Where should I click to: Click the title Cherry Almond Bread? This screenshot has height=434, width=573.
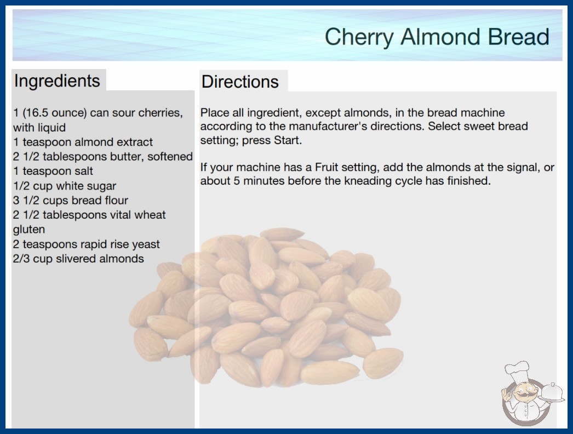pos(437,37)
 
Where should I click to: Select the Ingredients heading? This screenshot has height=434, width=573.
pos(57,81)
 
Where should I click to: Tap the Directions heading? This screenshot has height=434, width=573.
pos(240,82)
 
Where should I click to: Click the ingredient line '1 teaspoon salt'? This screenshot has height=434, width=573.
pos(53,171)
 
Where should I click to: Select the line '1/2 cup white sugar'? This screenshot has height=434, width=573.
pos(65,186)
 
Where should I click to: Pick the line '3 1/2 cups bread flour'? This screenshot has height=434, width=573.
pos(71,201)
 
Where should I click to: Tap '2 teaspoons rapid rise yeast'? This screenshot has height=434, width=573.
pos(86,244)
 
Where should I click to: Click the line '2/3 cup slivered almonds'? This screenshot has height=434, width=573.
pos(78,259)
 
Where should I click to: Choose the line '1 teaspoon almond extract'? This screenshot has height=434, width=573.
pos(83,142)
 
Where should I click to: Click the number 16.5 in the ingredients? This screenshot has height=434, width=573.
pos(38,113)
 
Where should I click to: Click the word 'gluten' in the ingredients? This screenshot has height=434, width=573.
pos(29,230)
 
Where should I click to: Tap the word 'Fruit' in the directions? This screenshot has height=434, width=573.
pos(326,167)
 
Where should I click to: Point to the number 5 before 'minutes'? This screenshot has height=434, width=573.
pos(237,181)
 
